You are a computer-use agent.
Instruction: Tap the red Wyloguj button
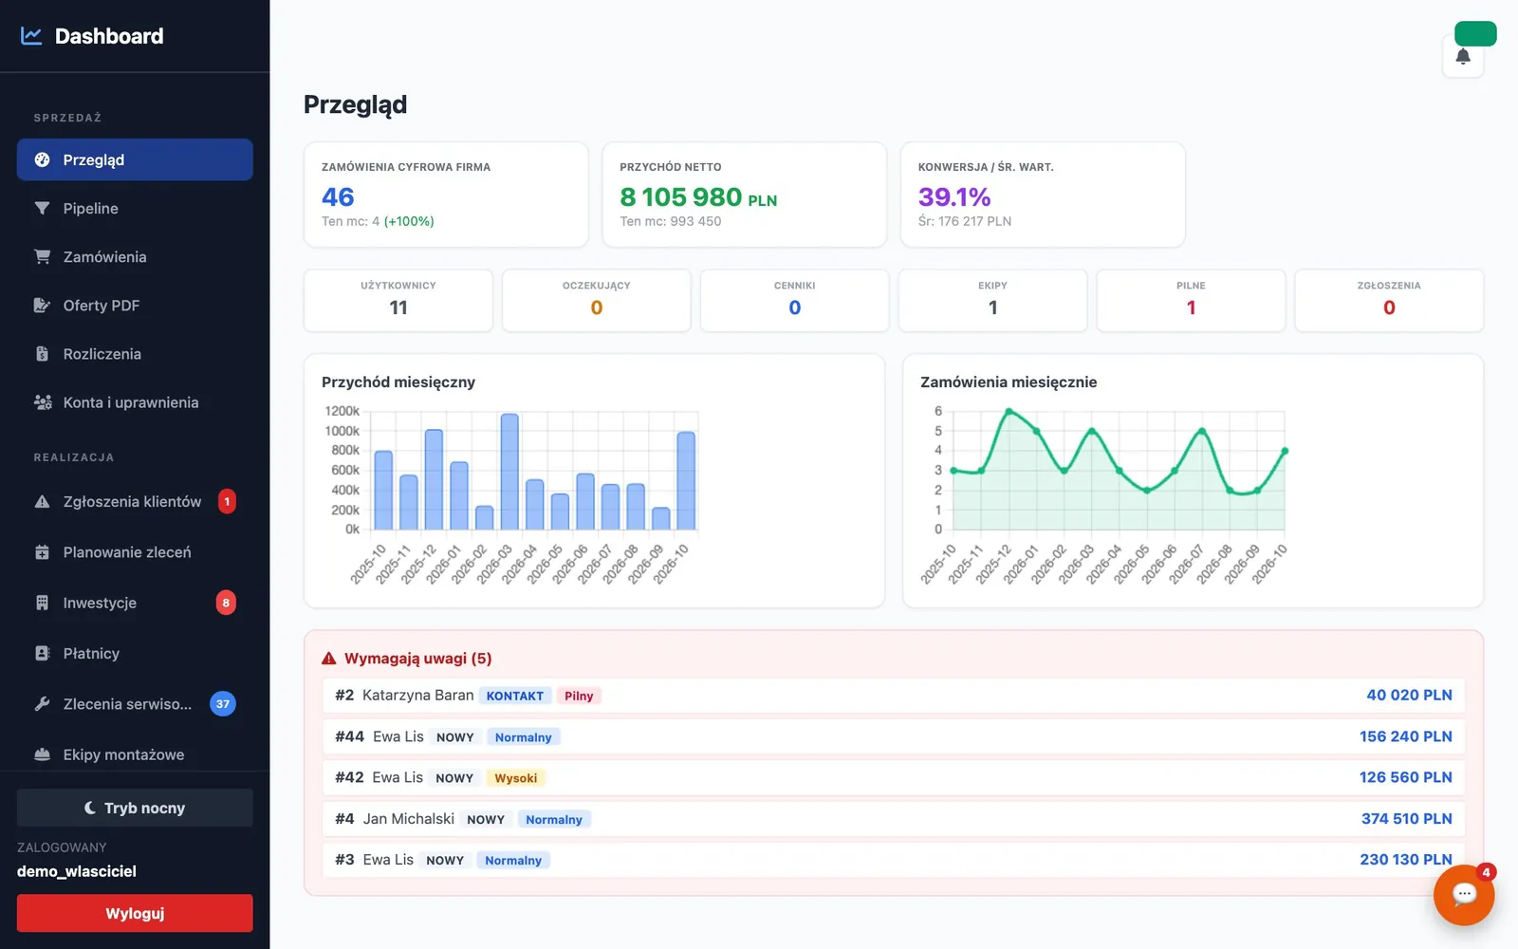134,913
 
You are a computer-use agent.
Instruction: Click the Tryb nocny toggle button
134,808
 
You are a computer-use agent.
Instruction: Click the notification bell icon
1463,56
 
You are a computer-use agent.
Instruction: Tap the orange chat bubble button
1464,895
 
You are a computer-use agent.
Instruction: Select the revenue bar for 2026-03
509,471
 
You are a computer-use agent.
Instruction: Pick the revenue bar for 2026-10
686,480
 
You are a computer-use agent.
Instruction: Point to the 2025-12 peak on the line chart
1009,412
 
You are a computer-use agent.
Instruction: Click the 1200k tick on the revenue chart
342,411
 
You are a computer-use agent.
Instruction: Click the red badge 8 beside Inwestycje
226,603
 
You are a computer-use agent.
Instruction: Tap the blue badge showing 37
222,703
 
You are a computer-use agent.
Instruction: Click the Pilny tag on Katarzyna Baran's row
579,696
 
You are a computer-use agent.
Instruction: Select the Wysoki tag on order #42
516,777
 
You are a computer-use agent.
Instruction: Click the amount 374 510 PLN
1406,819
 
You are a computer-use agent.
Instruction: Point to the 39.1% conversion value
954,196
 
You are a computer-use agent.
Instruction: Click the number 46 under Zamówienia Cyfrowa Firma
338,196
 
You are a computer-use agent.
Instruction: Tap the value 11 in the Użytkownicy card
398,307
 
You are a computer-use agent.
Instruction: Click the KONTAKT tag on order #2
515,696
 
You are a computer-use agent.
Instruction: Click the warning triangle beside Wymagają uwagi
328,659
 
